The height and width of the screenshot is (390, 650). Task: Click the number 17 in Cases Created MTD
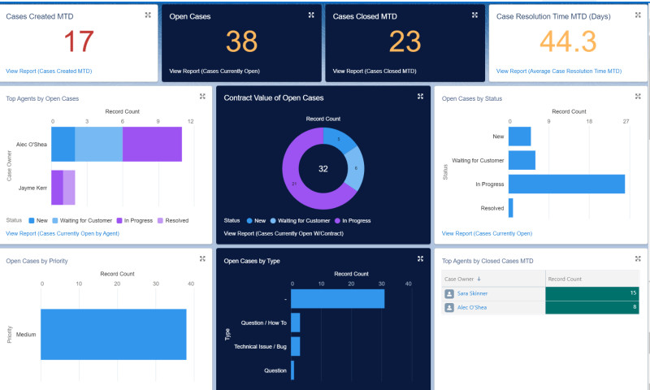pyautogui.click(x=79, y=41)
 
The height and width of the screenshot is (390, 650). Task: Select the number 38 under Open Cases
pyautogui.click(x=241, y=41)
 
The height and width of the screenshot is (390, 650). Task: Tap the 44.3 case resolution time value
pyautogui.click(x=567, y=41)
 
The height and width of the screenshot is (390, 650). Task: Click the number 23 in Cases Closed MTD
pyautogui.click(x=405, y=41)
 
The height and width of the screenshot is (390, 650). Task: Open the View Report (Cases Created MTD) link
pyautogui.click(x=49, y=71)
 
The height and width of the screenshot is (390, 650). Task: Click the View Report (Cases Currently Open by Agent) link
pyautogui.click(x=63, y=233)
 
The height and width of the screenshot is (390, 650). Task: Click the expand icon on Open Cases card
pyautogui.click(x=311, y=15)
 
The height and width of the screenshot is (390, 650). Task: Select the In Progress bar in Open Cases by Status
pyautogui.click(x=566, y=184)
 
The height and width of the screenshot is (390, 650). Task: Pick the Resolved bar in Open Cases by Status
pyautogui.click(x=511, y=208)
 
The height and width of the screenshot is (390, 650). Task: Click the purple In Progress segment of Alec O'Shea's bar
pyautogui.click(x=152, y=144)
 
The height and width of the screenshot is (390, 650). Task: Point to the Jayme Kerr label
pyautogui.click(x=32, y=188)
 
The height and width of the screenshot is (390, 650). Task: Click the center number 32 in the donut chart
pyautogui.click(x=323, y=169)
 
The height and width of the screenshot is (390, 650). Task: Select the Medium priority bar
pyautogui.click(x=113, y=334)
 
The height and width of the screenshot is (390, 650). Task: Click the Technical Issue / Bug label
pyautogui.click(x=260, y=347)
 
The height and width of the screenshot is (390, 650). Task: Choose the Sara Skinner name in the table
pyautogui.click(x=472, y=293)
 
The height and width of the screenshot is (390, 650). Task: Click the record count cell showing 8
pyautogui.click(x=591, y=307)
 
